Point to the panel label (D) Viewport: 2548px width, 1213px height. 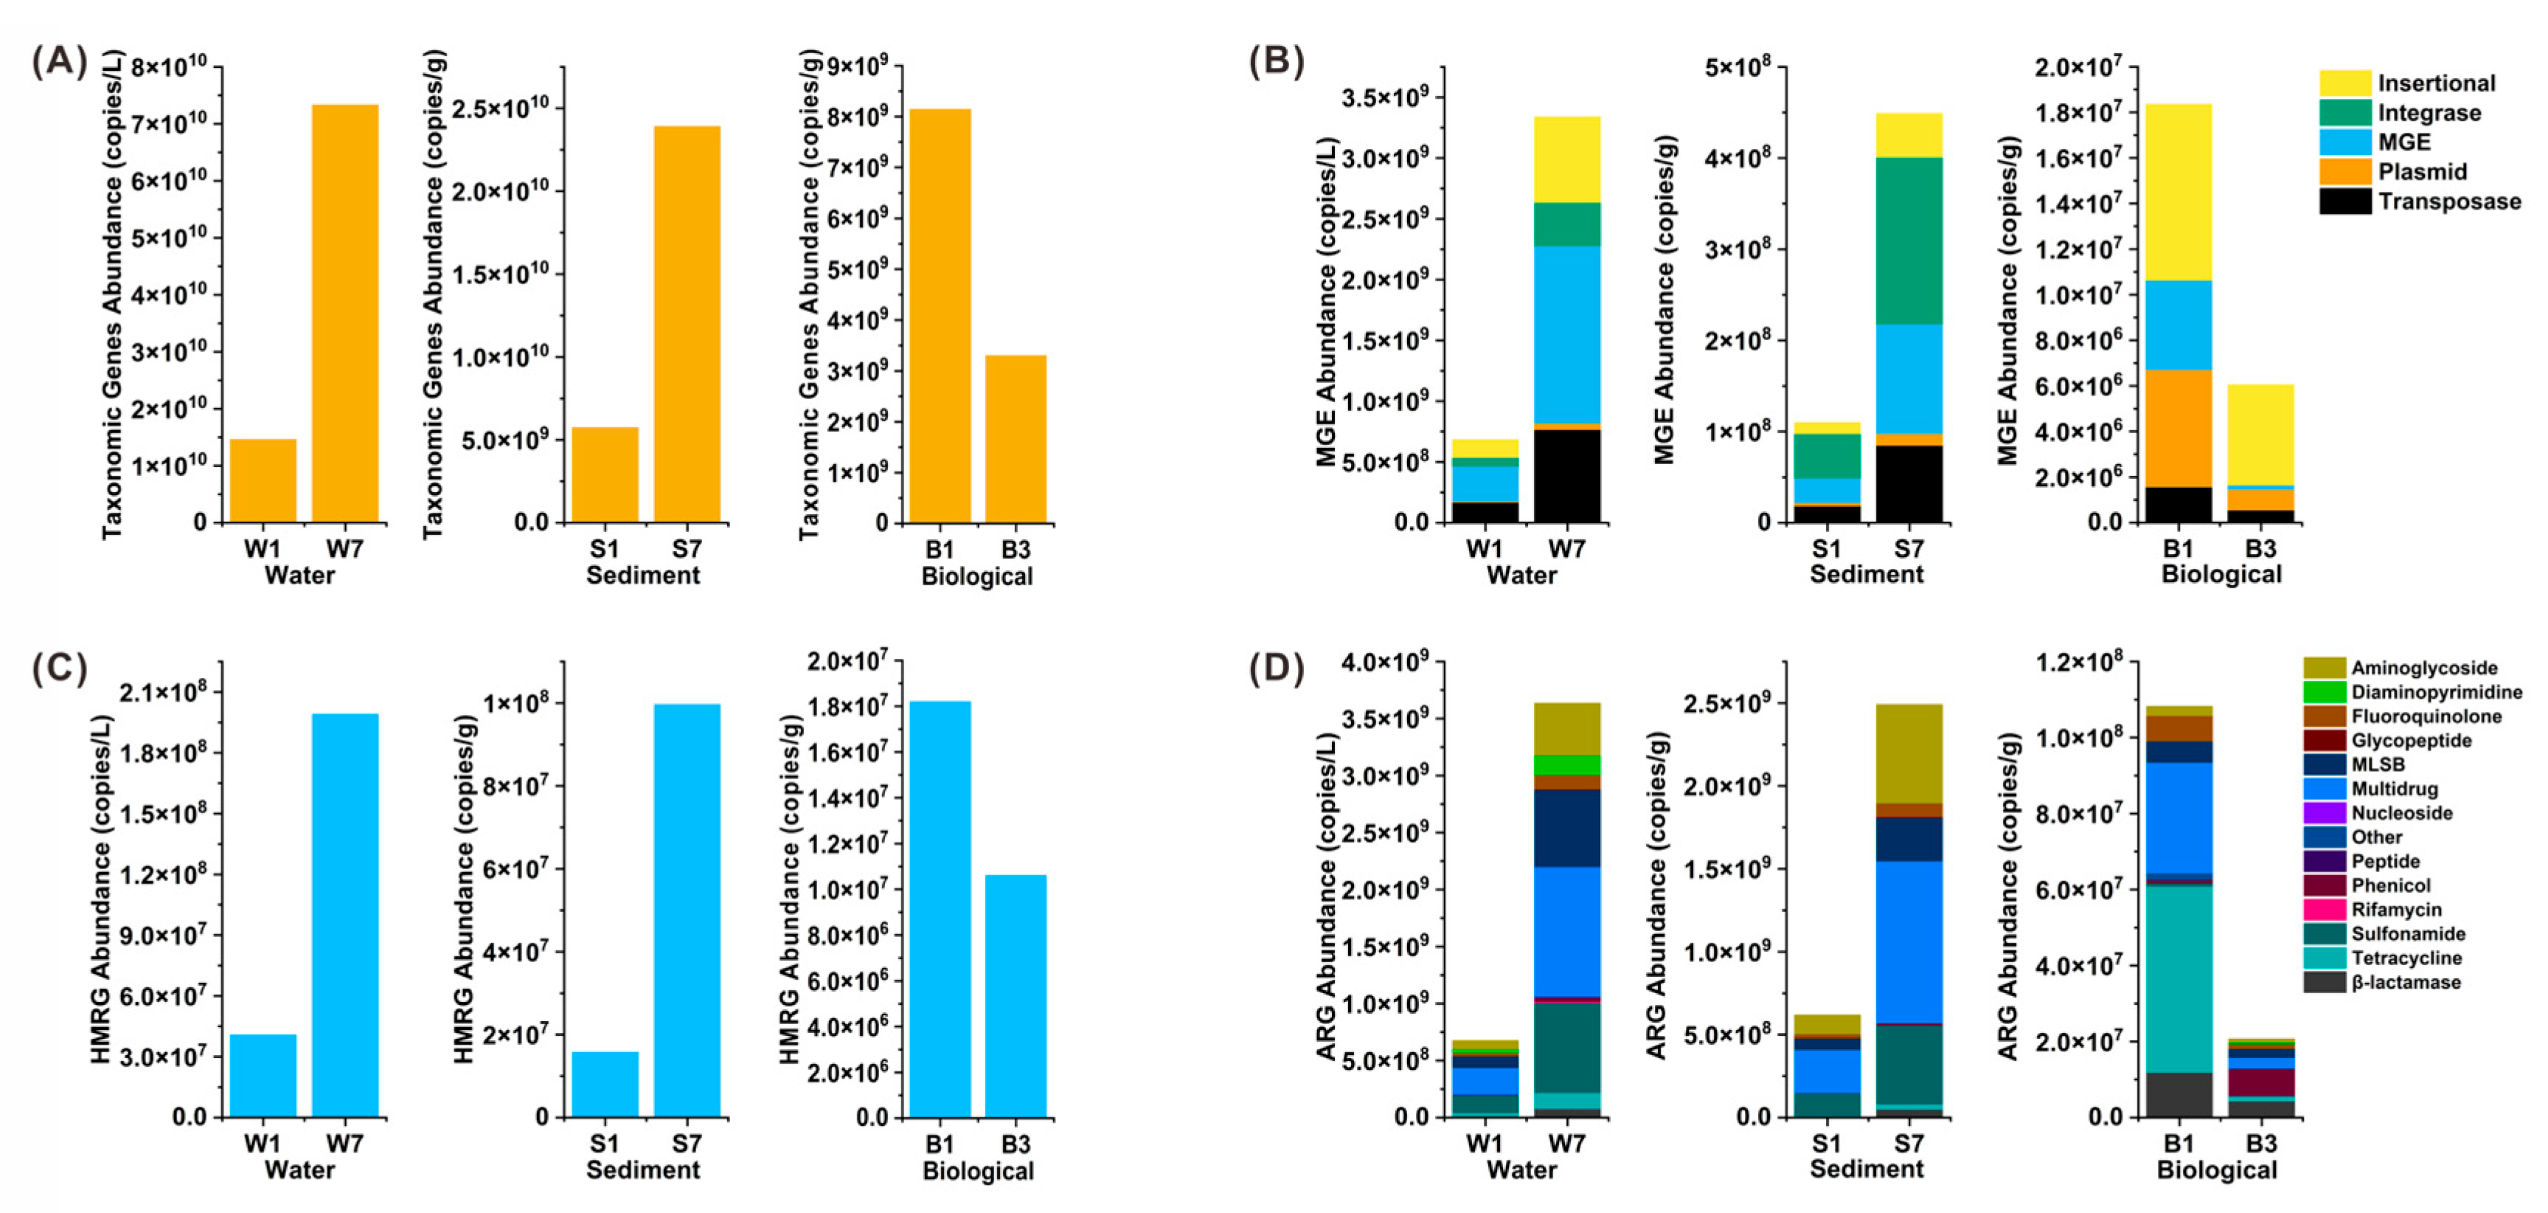tap(1276, 668)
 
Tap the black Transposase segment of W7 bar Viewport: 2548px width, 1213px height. tap(1567, 475)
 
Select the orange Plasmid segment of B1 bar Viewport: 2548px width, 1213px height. tap(2178, 427)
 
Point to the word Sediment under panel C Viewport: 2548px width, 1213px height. tap(643, 1169)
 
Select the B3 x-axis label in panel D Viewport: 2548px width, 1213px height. tap(2260, 1144)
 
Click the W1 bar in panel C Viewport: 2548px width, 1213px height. tap(263, 1076)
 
